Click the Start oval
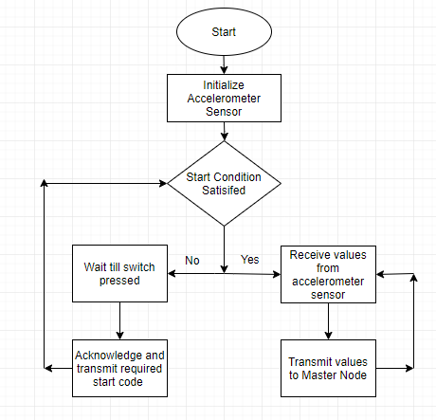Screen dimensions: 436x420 click(224, 31)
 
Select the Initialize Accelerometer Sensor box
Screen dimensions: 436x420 click(224, 98)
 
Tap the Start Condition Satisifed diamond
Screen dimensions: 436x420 click(224, 183)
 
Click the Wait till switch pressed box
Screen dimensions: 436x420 click(119, 273)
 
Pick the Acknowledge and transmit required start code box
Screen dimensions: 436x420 click(119, 368)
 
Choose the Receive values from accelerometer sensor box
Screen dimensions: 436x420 click(328, 274)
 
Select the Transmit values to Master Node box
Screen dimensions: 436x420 click(328, 368)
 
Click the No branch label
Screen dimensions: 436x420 click(192, 261)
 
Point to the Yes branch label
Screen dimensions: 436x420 click(250, 260)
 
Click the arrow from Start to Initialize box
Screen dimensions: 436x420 click(224, 64)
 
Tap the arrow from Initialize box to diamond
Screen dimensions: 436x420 click(224, 131)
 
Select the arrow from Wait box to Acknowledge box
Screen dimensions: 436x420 click(119, 320)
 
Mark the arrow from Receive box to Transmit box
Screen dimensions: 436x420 click(328, 321)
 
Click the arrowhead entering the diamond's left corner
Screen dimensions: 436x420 click(163, 183)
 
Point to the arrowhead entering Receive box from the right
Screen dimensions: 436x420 click(380, 274)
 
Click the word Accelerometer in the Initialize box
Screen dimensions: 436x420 click(224, 99)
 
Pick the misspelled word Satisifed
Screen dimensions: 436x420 click(224, 191)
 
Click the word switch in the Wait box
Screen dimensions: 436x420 click(139, 267)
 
